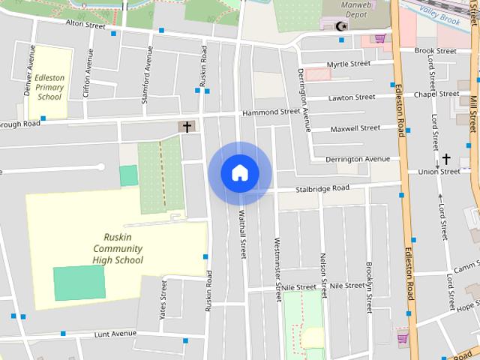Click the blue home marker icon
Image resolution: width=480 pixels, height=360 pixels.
(240, 173)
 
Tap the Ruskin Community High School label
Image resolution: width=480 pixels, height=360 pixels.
(118, 248)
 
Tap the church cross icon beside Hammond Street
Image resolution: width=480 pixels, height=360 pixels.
(186, 127)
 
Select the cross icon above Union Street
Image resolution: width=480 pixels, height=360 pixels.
(446, 158)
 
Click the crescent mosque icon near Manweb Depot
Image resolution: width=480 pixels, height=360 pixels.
(342, 26)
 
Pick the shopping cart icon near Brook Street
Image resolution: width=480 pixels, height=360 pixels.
(380, 38)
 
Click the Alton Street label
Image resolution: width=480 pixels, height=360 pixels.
(85, 23)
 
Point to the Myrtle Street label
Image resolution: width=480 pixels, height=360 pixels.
(349, 64)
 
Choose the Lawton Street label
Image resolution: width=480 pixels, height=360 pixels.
(352, 97)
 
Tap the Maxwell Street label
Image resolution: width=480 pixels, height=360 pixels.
(355, 128)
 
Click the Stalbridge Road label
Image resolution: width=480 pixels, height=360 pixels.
(322, 188)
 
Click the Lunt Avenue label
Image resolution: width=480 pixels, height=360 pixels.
(115, 333)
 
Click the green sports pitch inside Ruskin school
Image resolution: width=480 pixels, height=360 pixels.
(79, 283)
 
